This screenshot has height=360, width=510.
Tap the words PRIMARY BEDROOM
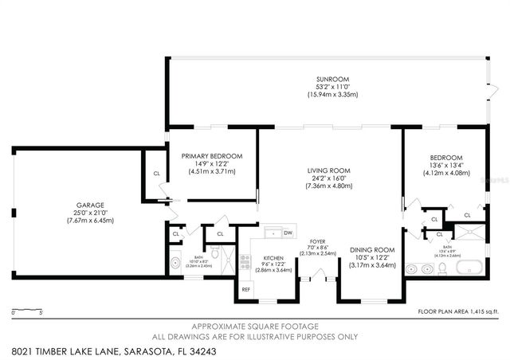point(211,156)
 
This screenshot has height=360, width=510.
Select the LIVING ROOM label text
point(329,170)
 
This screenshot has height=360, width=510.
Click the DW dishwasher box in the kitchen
point(288,233)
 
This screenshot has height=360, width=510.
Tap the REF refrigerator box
point(246,290)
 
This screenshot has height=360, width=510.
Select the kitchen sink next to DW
point(271,233)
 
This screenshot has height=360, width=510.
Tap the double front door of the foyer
point(317,277)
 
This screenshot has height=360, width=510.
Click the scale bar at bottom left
point(29,309)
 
